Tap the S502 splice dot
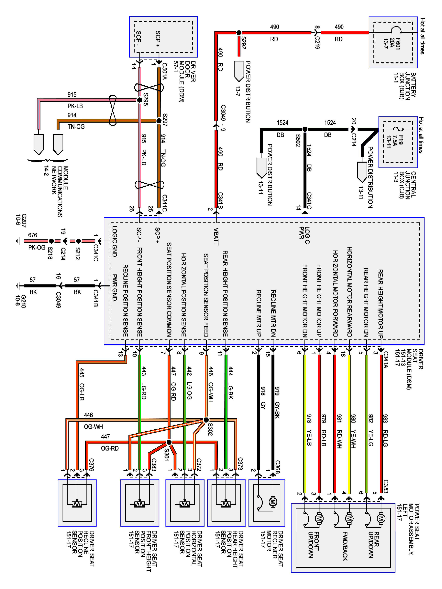coord(305,129)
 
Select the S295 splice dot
coord(139,100)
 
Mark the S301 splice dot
coord(169,442)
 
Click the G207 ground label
coord(21,220)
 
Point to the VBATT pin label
coord(216,236)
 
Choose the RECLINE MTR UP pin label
coord(259,313)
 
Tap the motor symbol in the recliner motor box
coord(273,502)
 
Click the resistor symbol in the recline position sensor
coord(77,504)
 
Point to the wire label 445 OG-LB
coord(82,384)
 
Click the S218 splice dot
coord(51,241)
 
